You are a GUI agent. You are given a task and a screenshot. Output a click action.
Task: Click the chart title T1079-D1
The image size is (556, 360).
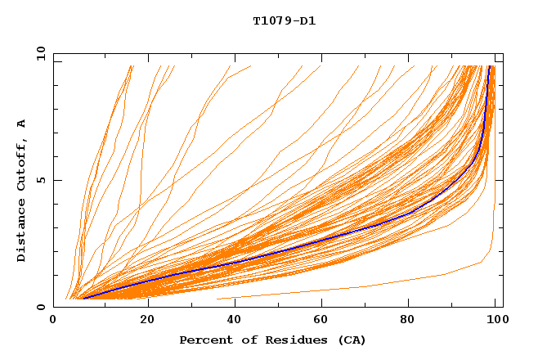click(285, 20)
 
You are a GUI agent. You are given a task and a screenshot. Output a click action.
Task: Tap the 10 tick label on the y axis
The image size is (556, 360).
click(38, 53)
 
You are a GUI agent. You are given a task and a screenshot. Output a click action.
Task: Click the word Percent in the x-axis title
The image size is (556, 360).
click(204, 340)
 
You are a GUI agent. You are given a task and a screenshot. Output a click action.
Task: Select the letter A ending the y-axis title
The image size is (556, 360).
click(22, 124)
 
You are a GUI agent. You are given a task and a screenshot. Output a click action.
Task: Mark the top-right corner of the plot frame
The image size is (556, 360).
click(503, 53)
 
